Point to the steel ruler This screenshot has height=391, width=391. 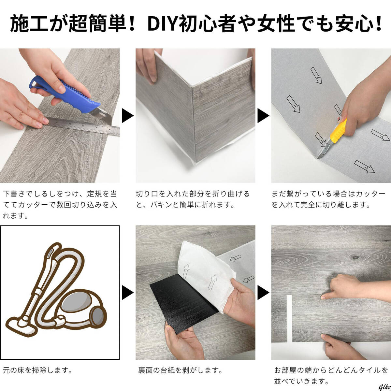point(81,126)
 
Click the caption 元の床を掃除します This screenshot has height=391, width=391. point(38,370)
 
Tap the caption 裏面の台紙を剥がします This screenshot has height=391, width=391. point(181,370)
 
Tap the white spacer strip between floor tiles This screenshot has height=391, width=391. point(289,319)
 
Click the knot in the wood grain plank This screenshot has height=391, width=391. point(355,257)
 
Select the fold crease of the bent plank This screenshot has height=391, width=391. point(194,124)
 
